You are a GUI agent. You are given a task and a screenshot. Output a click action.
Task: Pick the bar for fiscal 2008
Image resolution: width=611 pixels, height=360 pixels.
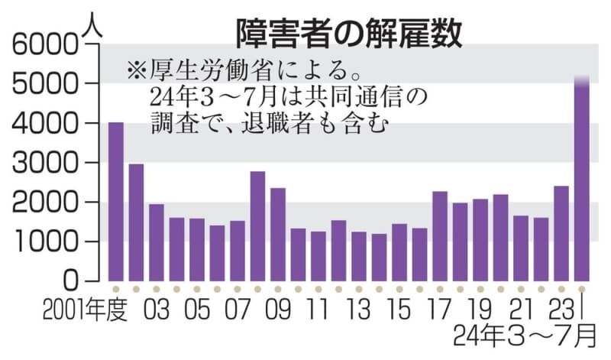(x=257, y=225)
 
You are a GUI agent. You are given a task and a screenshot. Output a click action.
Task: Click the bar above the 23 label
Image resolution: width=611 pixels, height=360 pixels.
(x=561, y=233)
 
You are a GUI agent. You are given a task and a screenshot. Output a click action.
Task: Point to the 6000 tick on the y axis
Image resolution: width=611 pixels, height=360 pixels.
(x=46, y=45)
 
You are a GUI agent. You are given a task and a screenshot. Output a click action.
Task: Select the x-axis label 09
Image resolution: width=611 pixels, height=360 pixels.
(x=278, y=314)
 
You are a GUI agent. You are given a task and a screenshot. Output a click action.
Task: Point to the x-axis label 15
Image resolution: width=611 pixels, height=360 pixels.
(x=399, y=314)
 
